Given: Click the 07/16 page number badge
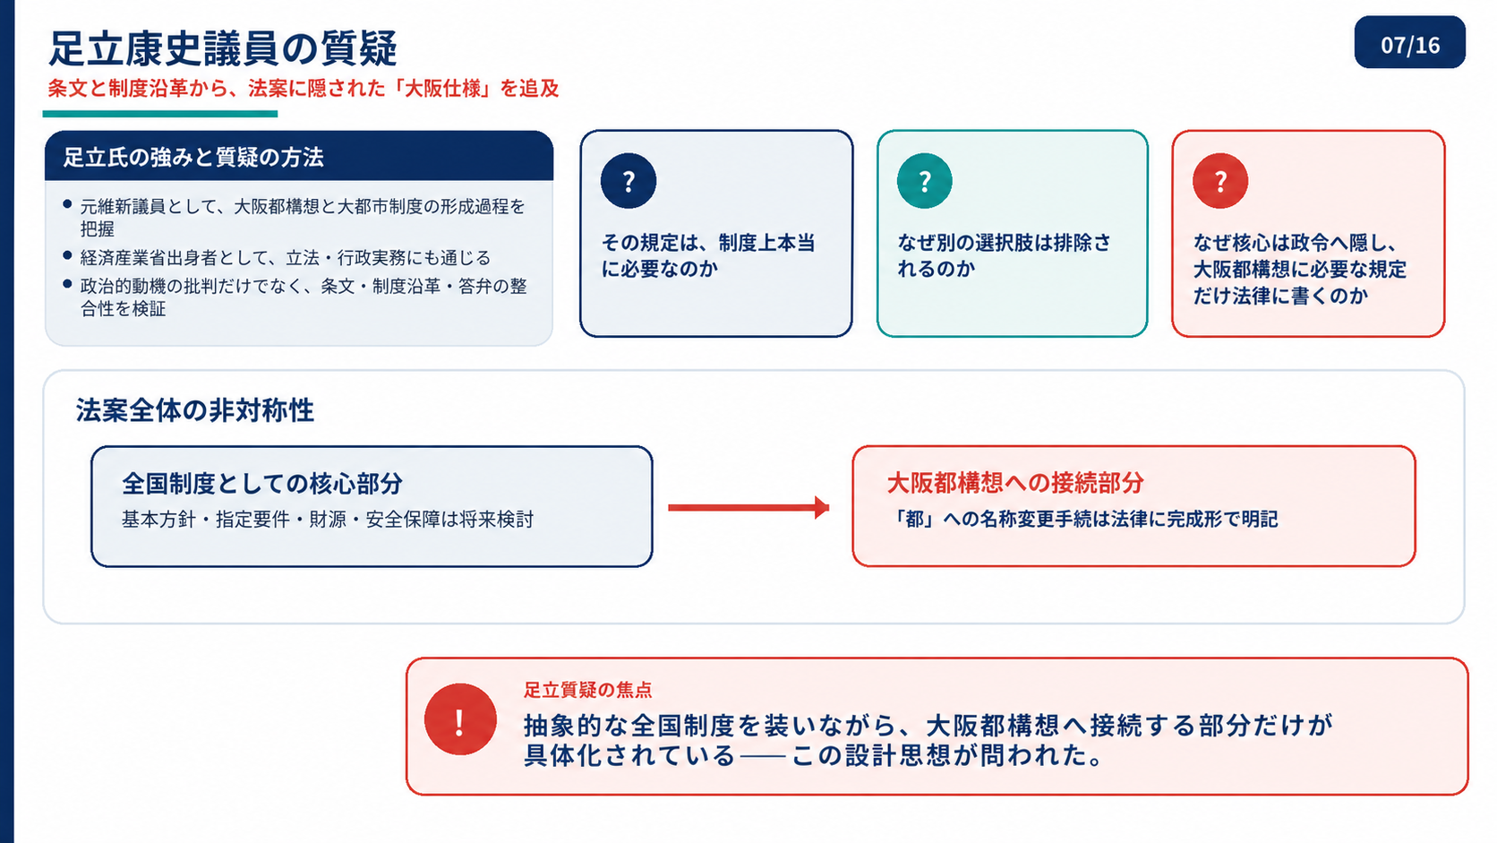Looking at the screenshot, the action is [x=1409, y=42].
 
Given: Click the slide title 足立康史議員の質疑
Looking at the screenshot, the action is [x=223, y=48].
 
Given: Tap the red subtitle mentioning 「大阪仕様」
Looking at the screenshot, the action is [x=304, y=89].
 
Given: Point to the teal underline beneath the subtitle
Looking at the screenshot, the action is [x=159, y=115].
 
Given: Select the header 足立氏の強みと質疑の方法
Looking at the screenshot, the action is [x=193, y=157].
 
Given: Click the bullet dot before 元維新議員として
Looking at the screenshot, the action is [x=67, y=204].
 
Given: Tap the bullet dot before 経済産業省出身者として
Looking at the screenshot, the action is [x=67, y=255].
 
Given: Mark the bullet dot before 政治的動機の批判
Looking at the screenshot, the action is [x=67, y=284].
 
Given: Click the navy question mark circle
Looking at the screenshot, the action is [x=629, y=180].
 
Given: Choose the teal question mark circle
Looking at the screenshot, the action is [x=924, y=180].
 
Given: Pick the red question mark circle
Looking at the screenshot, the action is [x=1220, y=180].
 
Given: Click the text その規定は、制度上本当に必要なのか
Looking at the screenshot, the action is [x=708, y=255].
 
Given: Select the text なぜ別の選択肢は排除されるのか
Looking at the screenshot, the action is [x=1004, y=255].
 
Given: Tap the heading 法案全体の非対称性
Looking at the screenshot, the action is [x=194, y=409].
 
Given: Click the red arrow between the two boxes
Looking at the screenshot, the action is [x=748, y=507].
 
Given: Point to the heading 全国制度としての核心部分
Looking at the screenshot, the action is [x=262, y=484].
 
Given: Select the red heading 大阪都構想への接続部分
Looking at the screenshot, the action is [x=1015, y=483].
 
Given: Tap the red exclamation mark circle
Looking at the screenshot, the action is [x=460, y=720].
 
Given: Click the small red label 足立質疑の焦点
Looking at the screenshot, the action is [x=587, y=690].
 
